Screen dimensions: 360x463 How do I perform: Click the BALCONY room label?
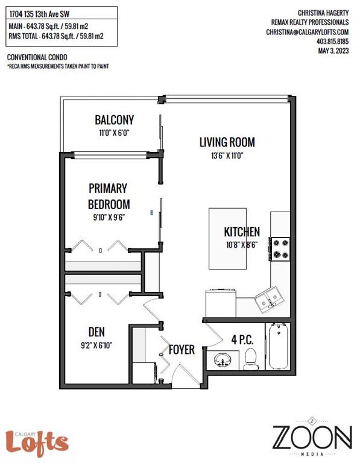[115, 120]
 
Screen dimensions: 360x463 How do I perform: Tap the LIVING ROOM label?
[227, 142]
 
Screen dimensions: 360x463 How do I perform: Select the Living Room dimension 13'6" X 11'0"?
[227, 156]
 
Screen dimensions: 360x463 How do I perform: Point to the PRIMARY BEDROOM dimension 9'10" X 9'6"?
[109, 217]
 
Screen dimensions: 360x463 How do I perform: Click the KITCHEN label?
[242, 231]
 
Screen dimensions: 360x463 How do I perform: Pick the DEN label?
[96, 332]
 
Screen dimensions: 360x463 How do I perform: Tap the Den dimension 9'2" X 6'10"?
[96, 345]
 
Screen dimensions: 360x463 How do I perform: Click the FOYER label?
[182, 350]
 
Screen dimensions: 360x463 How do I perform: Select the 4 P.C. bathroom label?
[242, 340]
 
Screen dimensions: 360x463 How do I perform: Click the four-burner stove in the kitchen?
[280, 249]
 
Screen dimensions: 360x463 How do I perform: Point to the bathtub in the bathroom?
[279, 346]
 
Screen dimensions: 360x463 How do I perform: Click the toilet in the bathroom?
[251, 359]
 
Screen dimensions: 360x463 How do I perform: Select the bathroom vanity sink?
[223, 360]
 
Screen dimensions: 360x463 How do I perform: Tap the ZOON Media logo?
[312, 436]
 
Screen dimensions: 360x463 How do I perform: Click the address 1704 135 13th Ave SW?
[40, 14]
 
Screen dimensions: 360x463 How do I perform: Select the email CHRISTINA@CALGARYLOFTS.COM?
[307, 32]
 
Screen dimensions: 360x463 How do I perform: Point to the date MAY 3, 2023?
[333, 51]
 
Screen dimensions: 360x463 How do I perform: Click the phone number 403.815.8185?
[332, 42]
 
